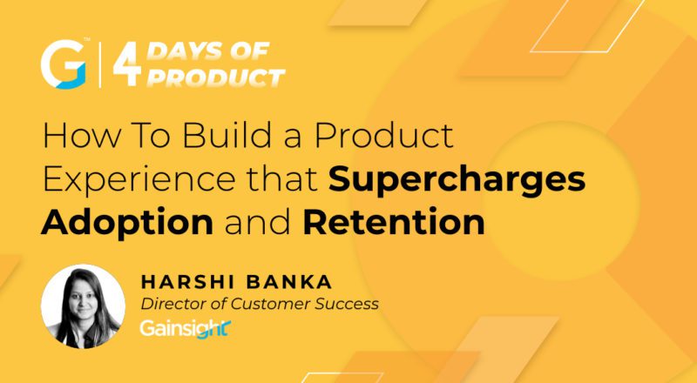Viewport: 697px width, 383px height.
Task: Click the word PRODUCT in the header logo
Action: pos(214,77)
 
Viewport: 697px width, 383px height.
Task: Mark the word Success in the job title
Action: pos(348,304)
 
